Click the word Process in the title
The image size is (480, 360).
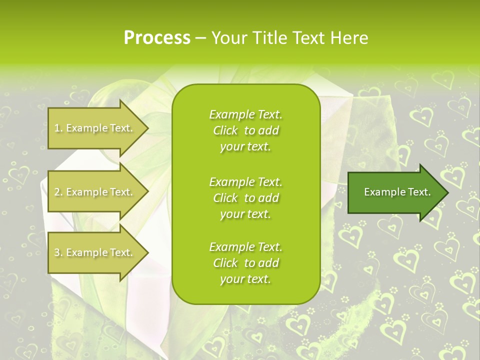(157, 38)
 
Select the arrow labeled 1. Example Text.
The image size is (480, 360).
(95, 128)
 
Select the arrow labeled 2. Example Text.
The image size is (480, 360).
(95, 192)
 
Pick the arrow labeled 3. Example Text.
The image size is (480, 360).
(95, 252)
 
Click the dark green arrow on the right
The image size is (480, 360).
(395, 192)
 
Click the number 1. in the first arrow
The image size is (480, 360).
(58, 128)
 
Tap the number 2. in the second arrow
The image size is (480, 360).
(58, 192)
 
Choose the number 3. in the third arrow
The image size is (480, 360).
(58, 252)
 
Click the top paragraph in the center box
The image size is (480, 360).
(245, 130)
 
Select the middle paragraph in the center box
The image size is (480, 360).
(245, 198)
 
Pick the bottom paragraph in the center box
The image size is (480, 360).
(245, 263)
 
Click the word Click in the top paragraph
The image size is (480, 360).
(225, 130)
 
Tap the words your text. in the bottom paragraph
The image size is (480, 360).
(245, 279)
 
